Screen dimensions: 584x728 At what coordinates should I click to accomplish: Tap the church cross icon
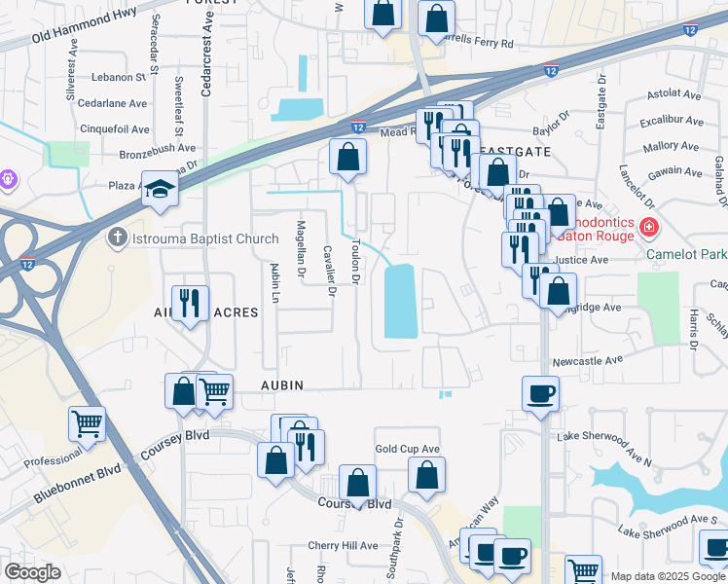[117, 237]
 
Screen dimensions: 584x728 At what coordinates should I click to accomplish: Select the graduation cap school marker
[160, 190]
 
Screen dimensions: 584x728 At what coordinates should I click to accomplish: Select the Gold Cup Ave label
[408, 449]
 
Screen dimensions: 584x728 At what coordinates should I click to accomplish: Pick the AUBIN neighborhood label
[281, 385]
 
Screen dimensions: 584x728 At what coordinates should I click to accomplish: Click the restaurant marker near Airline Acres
[189, 303]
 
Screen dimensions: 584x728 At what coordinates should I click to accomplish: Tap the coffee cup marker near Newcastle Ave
[540, 395]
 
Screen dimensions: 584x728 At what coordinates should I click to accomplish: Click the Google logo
[32, 573]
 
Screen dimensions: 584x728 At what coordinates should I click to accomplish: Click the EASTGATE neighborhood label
[515, 153]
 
